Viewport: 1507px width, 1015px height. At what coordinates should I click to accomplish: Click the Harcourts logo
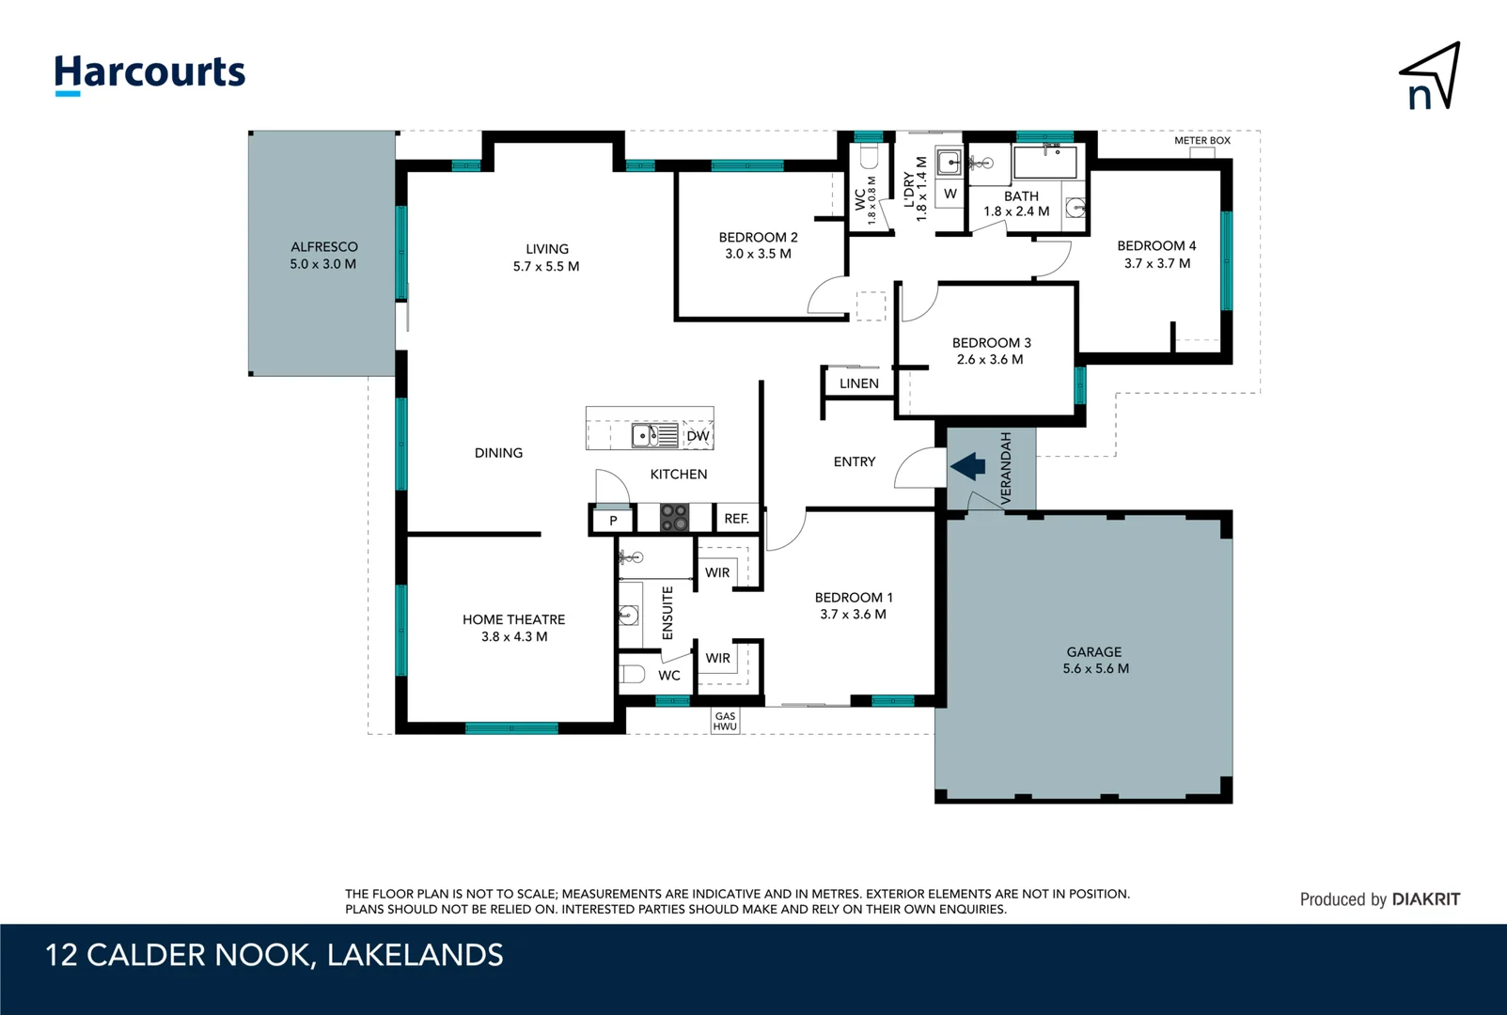149,73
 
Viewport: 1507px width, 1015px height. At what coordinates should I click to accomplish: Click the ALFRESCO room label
323,255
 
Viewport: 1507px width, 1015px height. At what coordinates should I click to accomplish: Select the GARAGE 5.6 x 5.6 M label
1095,660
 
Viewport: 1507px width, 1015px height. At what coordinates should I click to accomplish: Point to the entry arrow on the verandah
967,466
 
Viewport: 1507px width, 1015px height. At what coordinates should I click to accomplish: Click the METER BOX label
1201,141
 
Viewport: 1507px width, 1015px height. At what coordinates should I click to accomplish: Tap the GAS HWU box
725,721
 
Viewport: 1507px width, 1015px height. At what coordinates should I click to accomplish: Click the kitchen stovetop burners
674,518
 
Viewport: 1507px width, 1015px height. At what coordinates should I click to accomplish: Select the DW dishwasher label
698,436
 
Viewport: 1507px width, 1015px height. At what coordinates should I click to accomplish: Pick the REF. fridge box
736,519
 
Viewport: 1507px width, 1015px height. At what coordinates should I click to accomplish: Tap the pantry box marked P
613,520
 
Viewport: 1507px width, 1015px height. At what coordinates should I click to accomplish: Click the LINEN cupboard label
858,383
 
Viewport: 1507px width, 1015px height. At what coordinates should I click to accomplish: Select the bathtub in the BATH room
1044,162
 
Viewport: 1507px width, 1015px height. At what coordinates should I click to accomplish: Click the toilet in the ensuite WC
632,674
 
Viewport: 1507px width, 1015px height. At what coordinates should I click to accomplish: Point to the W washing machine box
950,194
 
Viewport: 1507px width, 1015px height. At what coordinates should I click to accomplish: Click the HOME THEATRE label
513,628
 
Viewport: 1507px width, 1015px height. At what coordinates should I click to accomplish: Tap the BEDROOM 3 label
991,351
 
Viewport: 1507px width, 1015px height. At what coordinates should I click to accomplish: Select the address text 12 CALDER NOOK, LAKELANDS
275,955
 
